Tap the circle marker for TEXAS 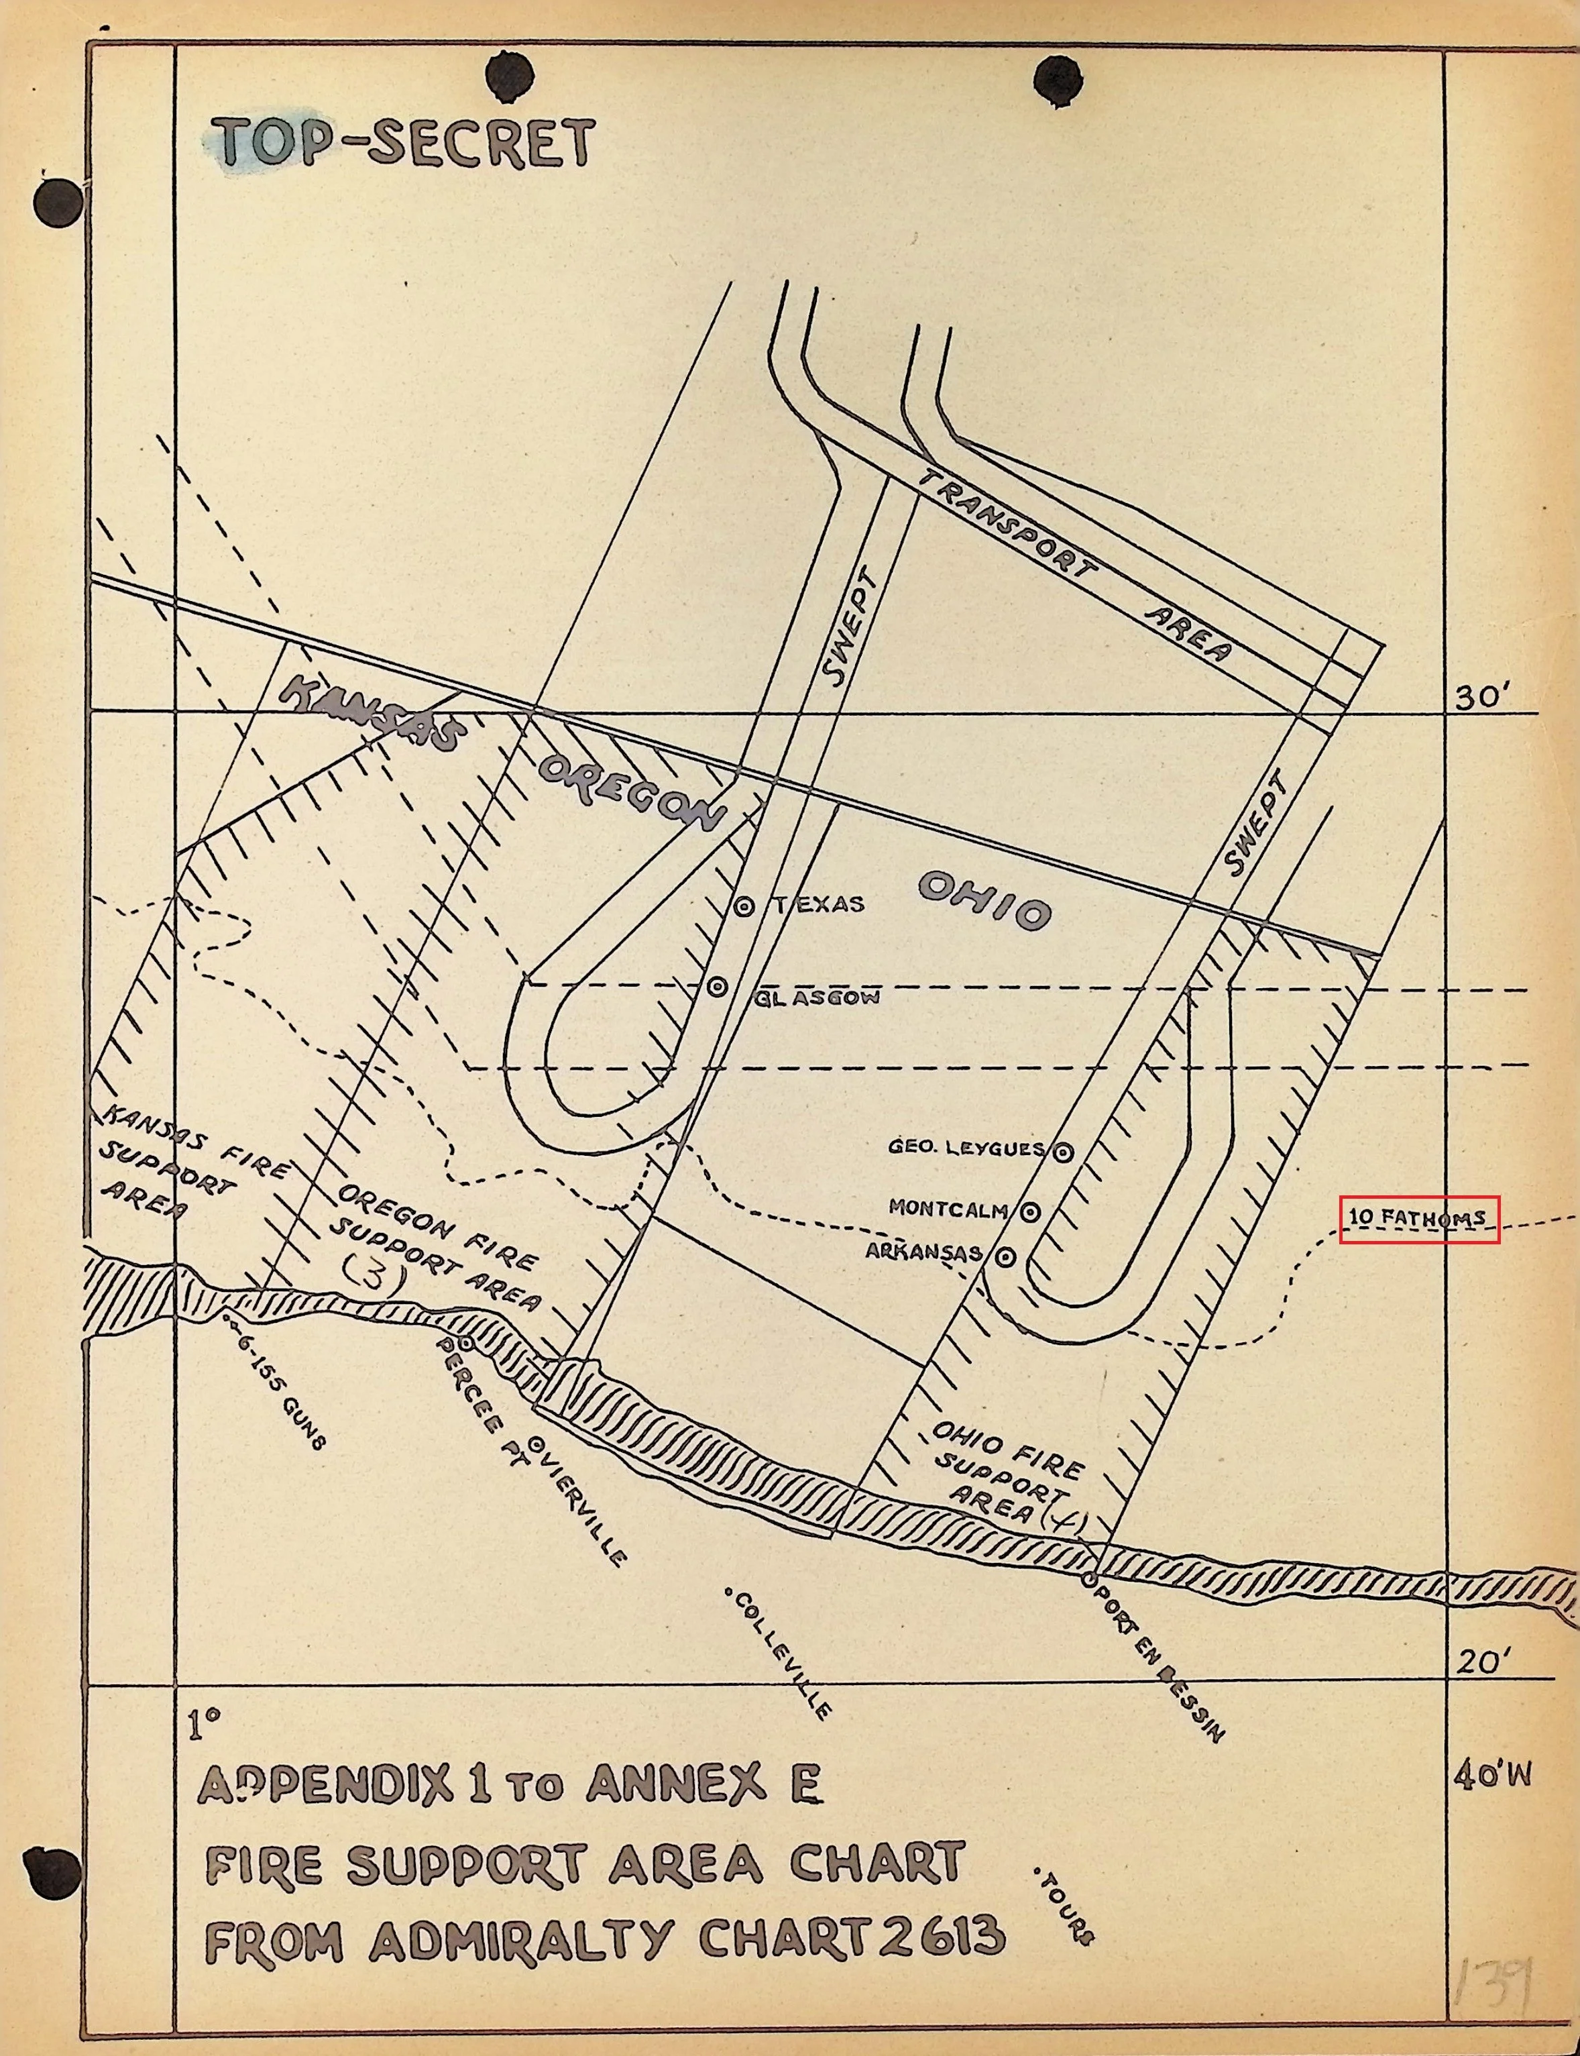click(x=744, y=907)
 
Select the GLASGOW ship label click(x=816, y=997)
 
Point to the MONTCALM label click(x=948, y=1209)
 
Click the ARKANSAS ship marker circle click(x=1005, y=1256)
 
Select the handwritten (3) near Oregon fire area click(x=376, y=1277)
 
